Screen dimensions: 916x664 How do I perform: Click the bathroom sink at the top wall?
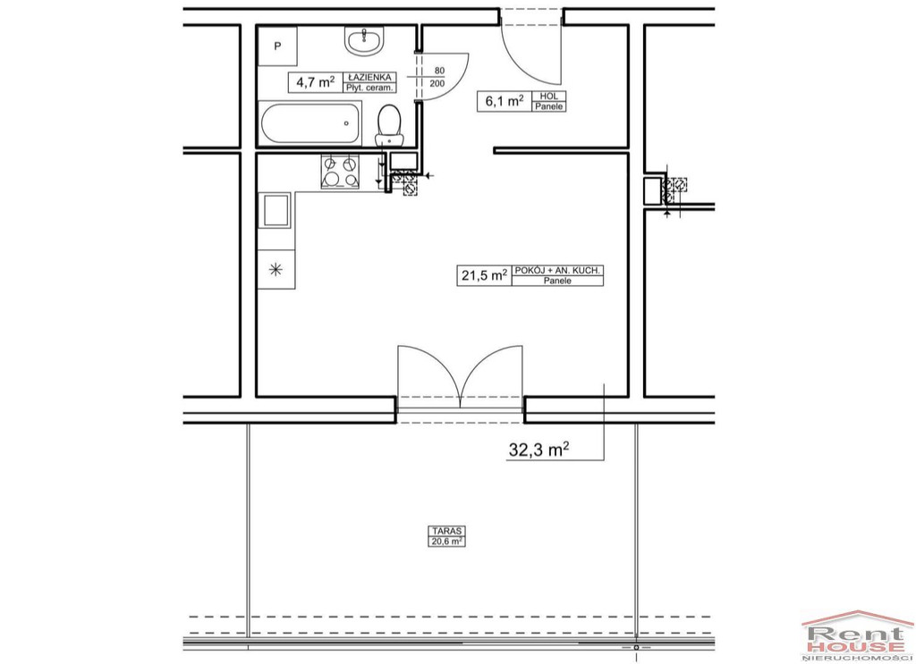click(365, 41)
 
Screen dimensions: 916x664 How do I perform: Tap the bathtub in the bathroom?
click(310, 123)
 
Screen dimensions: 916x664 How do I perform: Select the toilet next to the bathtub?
click(388, 125)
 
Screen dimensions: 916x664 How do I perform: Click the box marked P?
click(277, 46)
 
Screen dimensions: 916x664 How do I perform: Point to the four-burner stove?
click(340, 172)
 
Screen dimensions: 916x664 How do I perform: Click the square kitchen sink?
click(276, 210)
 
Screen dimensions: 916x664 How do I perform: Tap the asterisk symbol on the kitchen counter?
click(276, 270)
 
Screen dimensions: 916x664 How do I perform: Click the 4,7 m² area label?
click(316, 81)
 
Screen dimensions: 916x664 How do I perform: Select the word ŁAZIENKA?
click(369, 77)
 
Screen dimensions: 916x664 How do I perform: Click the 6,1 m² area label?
click(505, 101)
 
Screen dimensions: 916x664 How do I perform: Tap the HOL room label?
click(549, 96)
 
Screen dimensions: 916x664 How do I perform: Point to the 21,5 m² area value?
click(484, 275)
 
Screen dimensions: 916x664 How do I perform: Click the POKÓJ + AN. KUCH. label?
click(557, 270)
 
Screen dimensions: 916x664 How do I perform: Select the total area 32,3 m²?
click(539, 450)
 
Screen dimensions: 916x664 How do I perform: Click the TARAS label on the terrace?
click(447, 531)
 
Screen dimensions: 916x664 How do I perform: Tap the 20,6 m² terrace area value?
click(447, 542)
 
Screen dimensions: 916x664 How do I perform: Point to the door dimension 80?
click(439, 71)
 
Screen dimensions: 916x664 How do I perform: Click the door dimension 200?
click(437, 83)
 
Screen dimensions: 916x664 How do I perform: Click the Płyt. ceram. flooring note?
click(369, 88)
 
